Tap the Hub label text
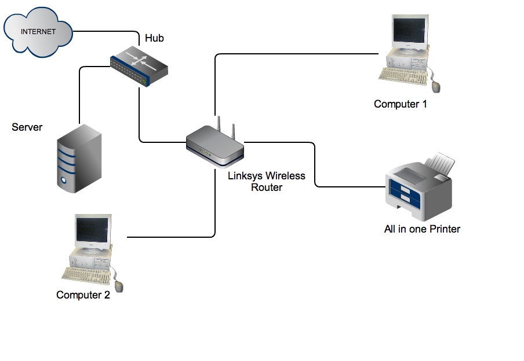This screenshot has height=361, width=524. point(154,38)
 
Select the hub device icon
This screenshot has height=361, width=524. point(140,67)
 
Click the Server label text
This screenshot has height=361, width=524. point(27,127)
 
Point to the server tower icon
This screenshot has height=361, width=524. point(79,158)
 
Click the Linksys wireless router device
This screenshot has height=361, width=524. point(214,148)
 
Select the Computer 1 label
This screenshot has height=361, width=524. point(400,104)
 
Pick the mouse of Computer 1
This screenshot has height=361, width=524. point(436,87)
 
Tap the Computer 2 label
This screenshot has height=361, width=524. point(83,295)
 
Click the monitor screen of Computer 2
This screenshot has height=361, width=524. point(93,229)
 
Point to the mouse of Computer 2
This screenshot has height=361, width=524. point(119,285)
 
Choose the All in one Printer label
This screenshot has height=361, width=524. point(422,229)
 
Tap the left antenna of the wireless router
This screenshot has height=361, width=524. point(220,124)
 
